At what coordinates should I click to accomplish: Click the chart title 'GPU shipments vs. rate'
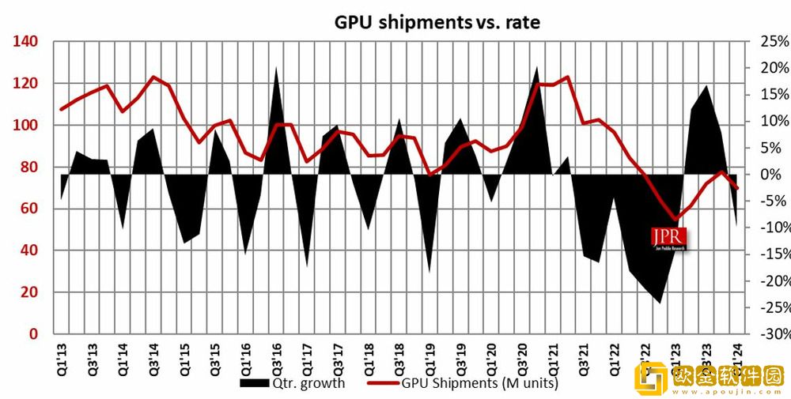[437, 22]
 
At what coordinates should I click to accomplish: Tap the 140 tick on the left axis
[26, 42]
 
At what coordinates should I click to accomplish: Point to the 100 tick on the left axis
[26, 126]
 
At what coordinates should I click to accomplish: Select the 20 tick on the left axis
[30, 292]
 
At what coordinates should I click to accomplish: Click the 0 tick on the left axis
[33, 334]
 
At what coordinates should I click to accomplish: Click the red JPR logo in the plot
[668, 238]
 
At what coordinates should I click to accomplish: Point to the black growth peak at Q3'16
[276, 70]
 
